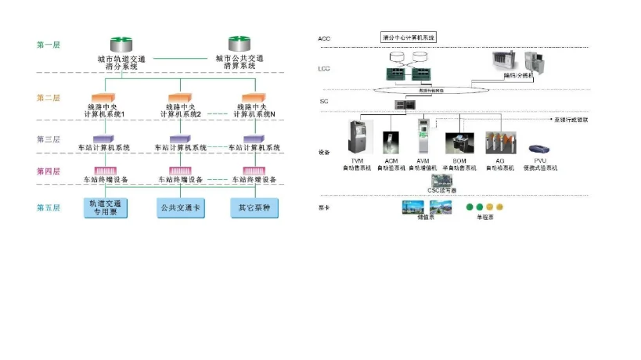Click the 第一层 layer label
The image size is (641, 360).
click(x=48, y=45)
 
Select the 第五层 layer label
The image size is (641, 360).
click(x=48, y=207)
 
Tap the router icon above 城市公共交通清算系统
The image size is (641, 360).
click(x=239, y=42)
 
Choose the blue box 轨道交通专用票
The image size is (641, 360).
click(x=105, y=207)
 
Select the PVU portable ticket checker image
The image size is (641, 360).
click(x=539, y=149)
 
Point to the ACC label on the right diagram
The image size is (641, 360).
click(x=325, y=38)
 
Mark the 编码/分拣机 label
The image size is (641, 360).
click(x=517, y=77)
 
